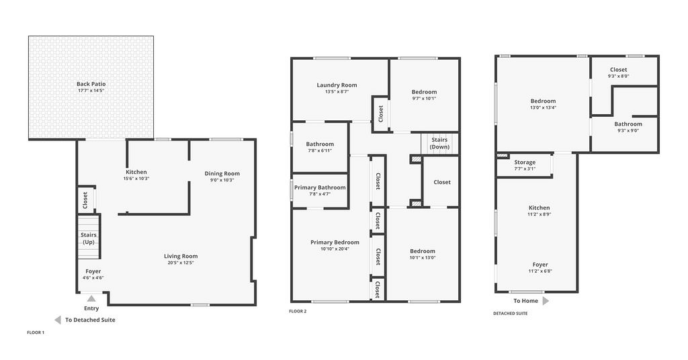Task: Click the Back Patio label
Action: (x=91, y=84)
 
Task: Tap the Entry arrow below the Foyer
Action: (x=91, y=299)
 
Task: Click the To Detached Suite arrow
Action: (x=58, y=320)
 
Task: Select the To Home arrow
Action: (x=546, y=301)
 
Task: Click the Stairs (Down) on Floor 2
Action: (x=439, y=143)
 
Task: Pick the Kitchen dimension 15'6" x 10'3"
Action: (x=136, y=179)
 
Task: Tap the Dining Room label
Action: (x=222, y=173)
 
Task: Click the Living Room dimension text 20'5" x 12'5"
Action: (x=181, y=263)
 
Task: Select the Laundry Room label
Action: (x=337, y=85)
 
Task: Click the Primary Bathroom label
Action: (x=320, y=187)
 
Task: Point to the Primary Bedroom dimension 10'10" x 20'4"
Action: (x=335, y=249)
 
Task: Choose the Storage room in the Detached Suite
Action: (x=525, y=165)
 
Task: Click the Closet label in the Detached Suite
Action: (x=619, y=70)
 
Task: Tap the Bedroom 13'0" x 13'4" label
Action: (x=543, y=101)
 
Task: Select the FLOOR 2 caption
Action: (x=298, y=312)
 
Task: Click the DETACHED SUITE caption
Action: (x=511, y=314)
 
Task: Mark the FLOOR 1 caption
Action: (x=36, y=332)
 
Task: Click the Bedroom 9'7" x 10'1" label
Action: (x=425, y=92)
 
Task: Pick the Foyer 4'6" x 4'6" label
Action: (x=93, y=271)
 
